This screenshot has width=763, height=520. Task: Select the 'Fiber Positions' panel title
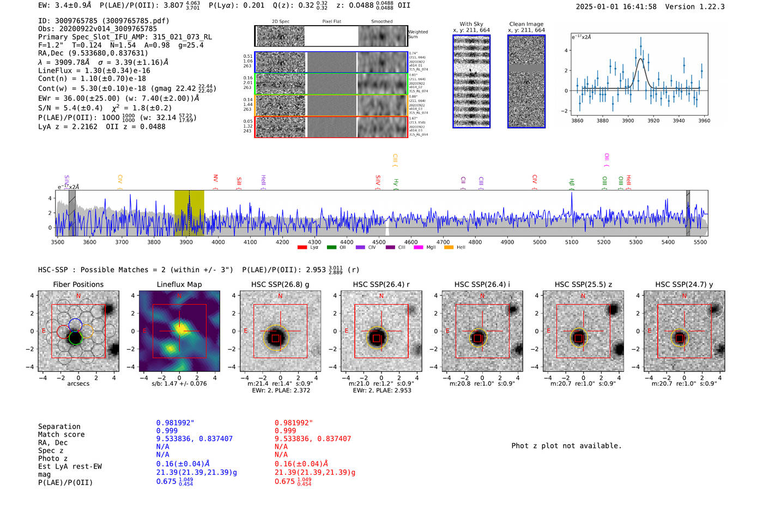click(x=78, y=284)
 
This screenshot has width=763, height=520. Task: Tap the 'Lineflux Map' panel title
click(x=179, y=284)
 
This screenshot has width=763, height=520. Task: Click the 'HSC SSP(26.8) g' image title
click(x=280, y=284)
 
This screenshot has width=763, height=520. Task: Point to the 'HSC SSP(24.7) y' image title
click(x=684, y=284)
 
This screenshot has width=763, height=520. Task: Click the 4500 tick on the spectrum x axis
click(x=379, y=242)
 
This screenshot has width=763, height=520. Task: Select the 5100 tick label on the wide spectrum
click(x=572, y=242)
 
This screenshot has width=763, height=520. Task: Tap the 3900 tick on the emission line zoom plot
click(x=628, y=121)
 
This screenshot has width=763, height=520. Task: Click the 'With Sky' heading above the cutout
click(x=471, y=24)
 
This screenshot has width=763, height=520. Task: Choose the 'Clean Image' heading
click(x=526, y=24)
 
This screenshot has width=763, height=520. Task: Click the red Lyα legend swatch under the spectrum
click(x=302, y=248)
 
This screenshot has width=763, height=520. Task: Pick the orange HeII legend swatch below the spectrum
click(x=449, y=248)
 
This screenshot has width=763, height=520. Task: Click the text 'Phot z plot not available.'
click(x=566, y=446)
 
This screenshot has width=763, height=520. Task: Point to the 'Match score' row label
click(x=61, y=434)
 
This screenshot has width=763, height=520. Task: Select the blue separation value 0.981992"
click(x=175, y=423)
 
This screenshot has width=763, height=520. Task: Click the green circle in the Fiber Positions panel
click(x=75, y=338)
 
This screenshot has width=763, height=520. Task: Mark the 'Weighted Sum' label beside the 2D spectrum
click(x=417, y=34)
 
